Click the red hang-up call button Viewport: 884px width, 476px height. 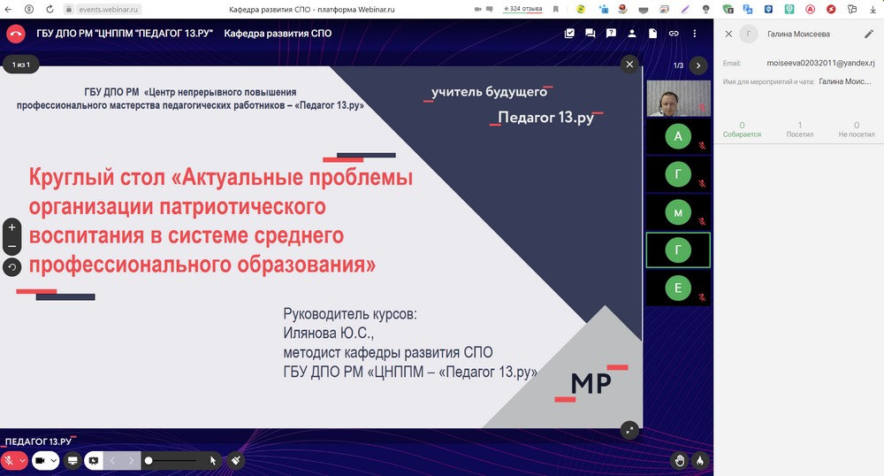point(16,34)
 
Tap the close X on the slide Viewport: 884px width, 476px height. point(629,65)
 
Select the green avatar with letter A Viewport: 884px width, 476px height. point(678,136)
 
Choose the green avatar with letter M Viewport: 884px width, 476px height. point(678,212)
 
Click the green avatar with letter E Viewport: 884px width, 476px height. point(678,288)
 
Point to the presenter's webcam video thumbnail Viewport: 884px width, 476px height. point(678,98)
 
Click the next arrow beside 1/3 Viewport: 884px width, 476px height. point(698,65)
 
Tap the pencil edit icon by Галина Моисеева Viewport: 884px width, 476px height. point(869,34)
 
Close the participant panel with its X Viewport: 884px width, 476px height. point(728,34)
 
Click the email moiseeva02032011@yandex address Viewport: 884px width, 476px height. point(820,63)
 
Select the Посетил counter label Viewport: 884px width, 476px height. point(799,134)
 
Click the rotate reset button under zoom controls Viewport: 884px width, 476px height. point(11,267)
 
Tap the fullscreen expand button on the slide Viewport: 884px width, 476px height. point(629,430)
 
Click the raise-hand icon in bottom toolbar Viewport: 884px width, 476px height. point(680,461)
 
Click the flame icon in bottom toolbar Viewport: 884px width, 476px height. point(699,461)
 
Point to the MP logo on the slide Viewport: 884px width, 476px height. point(591,383)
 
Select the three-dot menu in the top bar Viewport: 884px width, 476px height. point(695,34)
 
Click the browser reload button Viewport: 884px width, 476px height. point(50,9)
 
